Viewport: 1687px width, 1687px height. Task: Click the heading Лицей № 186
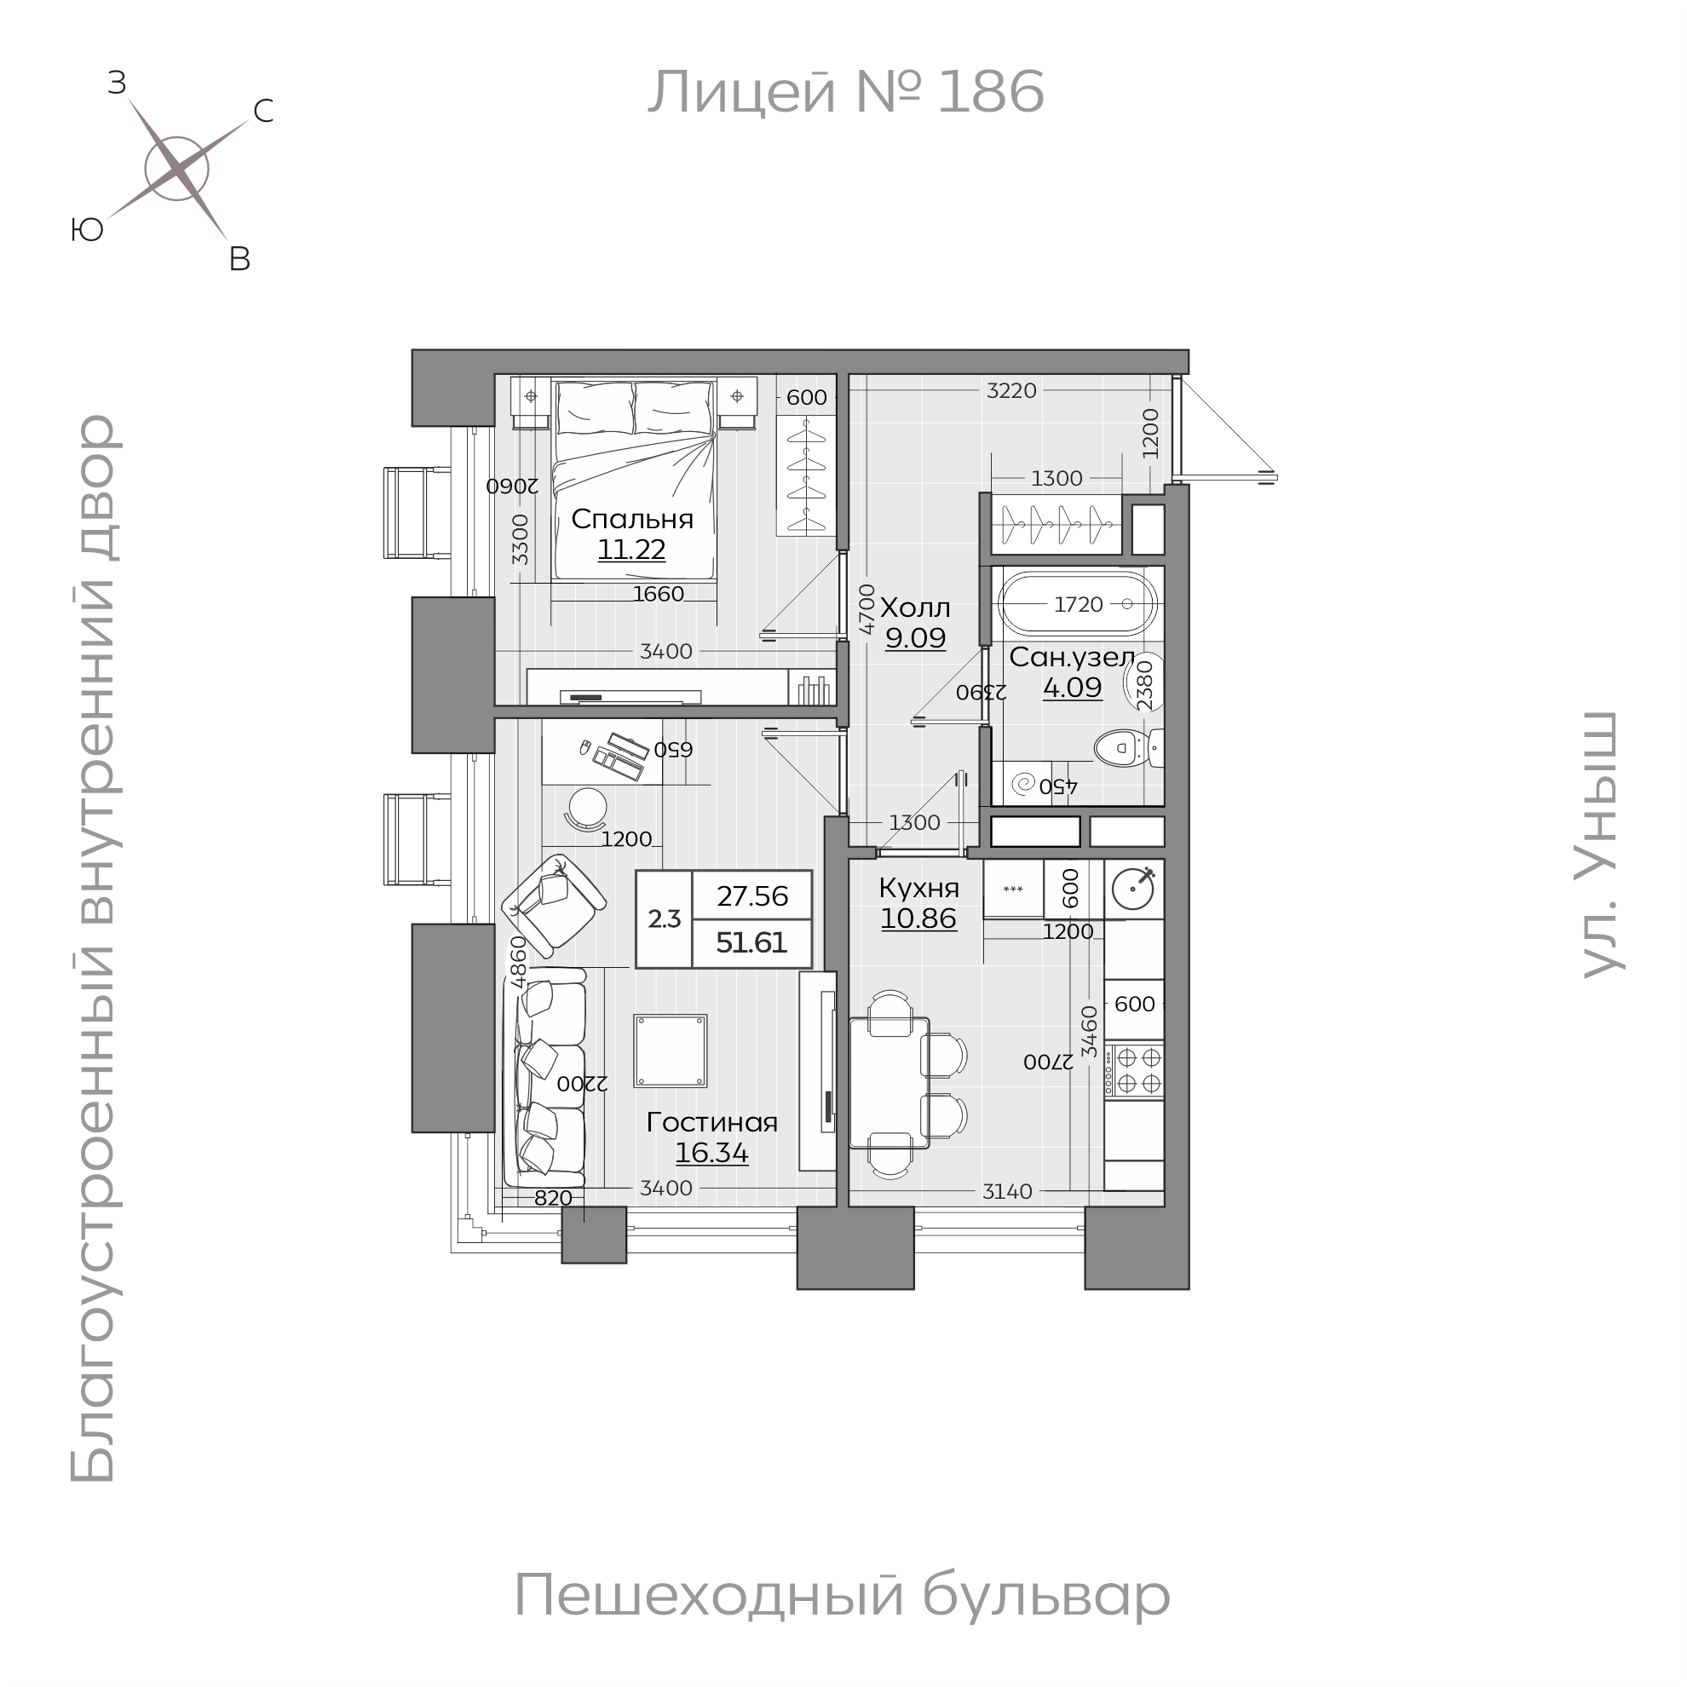tap(844, 92)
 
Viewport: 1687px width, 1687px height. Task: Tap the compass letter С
tap(262, 111)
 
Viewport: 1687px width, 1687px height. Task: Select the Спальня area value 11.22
tap(631, 550)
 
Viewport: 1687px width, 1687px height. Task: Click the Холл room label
tap(914, 607)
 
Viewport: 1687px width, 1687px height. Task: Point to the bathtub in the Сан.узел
tap(1078, 603)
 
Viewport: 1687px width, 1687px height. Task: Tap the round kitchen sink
tap(1133, 889)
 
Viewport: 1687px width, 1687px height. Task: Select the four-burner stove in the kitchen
tap(1133, 1070)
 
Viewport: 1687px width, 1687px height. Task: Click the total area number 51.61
tap(751, 943)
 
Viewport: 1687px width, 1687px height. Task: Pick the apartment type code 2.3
tap(664, 918)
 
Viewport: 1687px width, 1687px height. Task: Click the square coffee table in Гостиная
tap(670, 1051)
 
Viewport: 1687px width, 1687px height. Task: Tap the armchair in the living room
tap(554, 905)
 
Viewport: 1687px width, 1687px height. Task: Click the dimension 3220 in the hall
tap(1011, 391)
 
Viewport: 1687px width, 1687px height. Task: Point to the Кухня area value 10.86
tap(918, 918)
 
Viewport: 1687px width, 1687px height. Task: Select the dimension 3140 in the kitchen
tap(1007, 1191)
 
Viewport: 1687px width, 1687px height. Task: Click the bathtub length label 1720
tap(1079, 604)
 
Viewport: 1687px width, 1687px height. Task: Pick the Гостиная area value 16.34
tap(711, 1153)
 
